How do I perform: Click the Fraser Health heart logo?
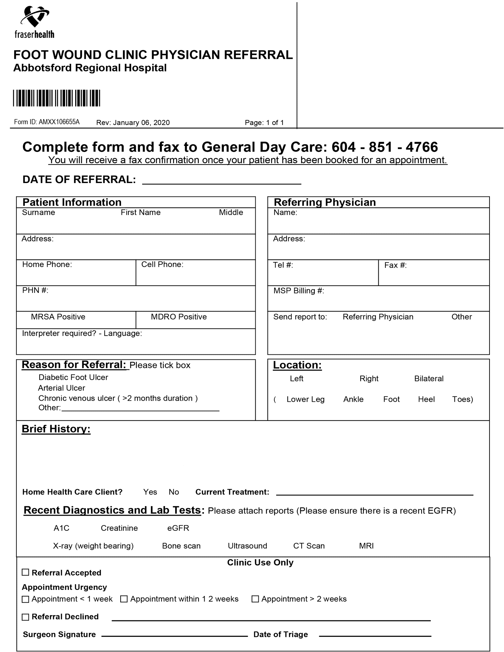point(35,16)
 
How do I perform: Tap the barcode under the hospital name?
point(56,98)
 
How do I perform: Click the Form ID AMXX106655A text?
point(47,122)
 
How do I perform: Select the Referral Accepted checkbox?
point(26,572)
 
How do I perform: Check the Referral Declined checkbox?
point(26,617)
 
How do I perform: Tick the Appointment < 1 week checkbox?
point(26,599)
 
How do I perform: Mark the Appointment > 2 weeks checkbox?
point(255,599)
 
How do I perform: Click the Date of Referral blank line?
point(222,181)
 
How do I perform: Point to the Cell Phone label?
point(162,265)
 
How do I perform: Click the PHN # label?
point(35,291)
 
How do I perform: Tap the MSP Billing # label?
point(299,291)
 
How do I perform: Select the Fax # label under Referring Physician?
point(395,265)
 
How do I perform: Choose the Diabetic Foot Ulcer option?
point(73,378)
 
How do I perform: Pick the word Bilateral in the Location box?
point(429,379)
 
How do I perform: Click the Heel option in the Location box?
point(426,399)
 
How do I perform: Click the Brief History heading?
point(56,429)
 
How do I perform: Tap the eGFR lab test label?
point(178,528)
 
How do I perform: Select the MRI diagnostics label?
point(366,546)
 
